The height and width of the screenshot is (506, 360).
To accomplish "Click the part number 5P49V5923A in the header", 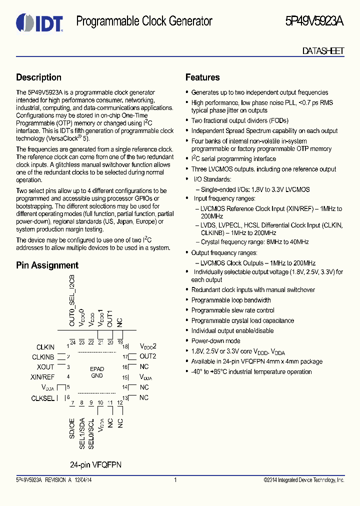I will (314, 21).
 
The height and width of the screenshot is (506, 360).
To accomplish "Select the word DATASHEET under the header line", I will (323, 51).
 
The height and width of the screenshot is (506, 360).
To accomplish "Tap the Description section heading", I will (38, 77).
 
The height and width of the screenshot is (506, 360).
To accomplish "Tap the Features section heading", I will (202, 77).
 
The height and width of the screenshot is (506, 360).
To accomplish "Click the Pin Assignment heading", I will (47, 265).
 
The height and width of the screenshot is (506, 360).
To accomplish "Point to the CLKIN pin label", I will (45, 347).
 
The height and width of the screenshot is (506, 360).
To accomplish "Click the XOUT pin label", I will (45, 367).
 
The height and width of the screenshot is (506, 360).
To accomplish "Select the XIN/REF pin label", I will (42, 377).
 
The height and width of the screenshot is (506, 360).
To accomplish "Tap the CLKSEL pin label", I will (43, 398).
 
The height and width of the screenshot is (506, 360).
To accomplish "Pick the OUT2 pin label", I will (148, 356).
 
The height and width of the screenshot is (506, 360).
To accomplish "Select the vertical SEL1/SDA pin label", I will (82, 433).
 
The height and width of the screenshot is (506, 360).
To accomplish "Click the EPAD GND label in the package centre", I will (96, 372).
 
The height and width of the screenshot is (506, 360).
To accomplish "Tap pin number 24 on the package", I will (72, 342).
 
